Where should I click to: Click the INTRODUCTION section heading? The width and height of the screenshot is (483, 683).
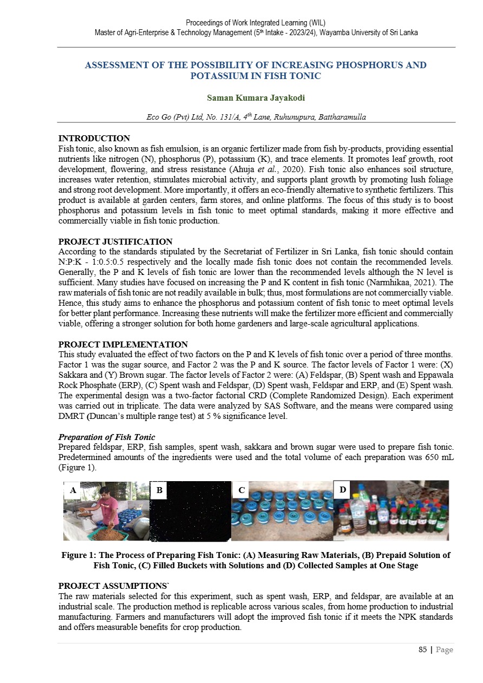(94, 139)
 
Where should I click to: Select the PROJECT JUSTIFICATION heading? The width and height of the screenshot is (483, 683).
(115, 242)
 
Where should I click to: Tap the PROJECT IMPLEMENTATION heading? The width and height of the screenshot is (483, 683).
(123, 345)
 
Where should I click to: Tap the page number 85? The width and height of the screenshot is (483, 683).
(423, 649)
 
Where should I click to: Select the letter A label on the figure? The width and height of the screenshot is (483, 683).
(73, 491)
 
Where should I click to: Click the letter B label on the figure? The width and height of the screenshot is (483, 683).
(159, 491)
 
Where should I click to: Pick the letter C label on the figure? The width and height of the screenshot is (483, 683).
(241, 491)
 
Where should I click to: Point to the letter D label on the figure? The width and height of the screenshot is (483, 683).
(343, 490)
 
